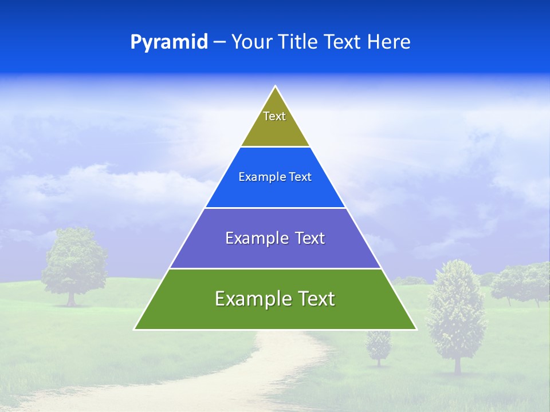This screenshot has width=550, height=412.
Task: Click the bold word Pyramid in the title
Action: click(x=169, y=42)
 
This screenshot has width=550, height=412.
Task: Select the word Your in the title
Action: click(x=250, y=42)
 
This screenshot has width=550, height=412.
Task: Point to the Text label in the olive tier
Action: click(x=274, y=116)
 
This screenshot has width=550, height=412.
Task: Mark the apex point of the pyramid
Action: click(x=276, y=87)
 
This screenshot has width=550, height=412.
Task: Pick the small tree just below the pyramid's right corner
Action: click(x=378, y=346)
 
